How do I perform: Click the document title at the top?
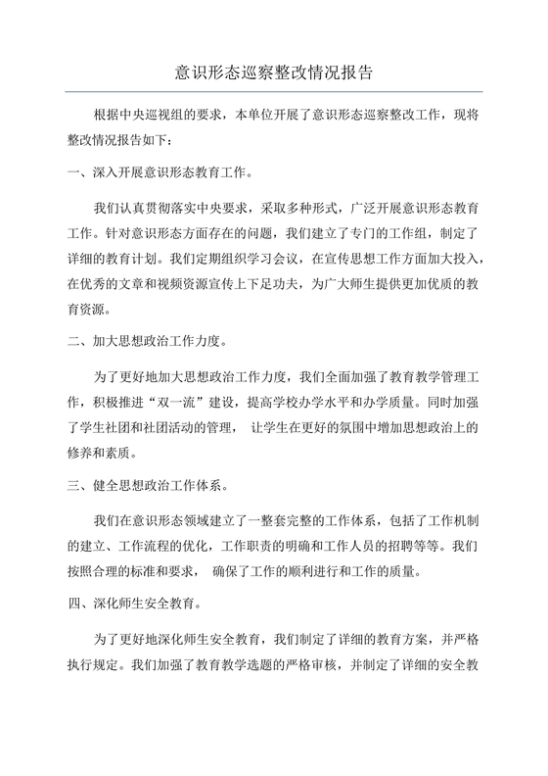point(273,72)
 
